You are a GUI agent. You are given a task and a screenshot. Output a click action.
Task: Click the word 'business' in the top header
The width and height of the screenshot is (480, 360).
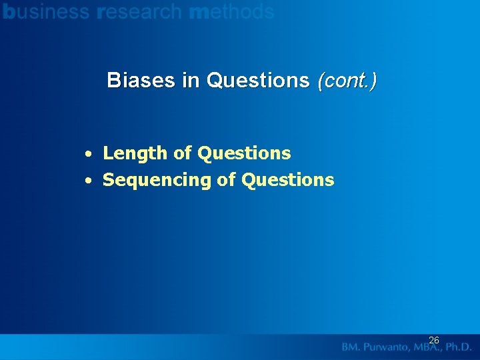coord(46,11)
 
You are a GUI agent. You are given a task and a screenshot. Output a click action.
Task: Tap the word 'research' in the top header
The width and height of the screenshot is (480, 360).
coord(139,11)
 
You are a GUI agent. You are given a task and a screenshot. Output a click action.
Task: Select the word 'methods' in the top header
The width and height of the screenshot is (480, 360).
coord(231,11)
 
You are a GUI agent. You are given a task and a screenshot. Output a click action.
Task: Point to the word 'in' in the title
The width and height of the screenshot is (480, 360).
coord(191,81)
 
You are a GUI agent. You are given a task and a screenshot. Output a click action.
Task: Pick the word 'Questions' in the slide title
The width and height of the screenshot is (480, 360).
coord(258,81)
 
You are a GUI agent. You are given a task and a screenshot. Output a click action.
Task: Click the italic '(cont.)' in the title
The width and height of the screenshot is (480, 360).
coord(347,81)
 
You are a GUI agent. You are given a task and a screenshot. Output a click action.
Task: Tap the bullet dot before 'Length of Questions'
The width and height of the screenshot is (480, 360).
coord(88,154)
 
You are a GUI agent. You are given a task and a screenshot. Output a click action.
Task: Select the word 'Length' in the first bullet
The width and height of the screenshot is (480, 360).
coord(135,153)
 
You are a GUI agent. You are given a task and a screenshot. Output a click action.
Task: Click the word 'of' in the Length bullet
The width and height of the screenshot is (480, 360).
coord(183,153)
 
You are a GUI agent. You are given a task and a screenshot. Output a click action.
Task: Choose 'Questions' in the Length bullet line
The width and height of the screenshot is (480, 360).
coord(244,153)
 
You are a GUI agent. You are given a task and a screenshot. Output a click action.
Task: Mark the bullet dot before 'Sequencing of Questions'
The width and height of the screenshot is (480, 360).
coord(88,181)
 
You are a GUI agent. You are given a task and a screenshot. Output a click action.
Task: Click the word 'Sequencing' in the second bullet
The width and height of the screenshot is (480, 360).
coord(157,181)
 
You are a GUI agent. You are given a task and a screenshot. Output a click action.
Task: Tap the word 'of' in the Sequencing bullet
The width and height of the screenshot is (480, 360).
coord(227,180)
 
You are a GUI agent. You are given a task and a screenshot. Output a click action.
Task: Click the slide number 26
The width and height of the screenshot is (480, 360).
coord(433,340)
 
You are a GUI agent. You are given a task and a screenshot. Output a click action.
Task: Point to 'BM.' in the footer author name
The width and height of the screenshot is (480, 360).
coord(353,347)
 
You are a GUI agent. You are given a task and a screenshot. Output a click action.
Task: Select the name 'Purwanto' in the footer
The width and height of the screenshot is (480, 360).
coord(387,347)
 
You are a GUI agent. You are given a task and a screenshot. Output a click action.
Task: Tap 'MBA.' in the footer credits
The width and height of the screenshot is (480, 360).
coord(427,347)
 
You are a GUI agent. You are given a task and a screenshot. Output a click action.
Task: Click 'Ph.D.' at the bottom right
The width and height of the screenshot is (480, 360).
coord(459,347)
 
